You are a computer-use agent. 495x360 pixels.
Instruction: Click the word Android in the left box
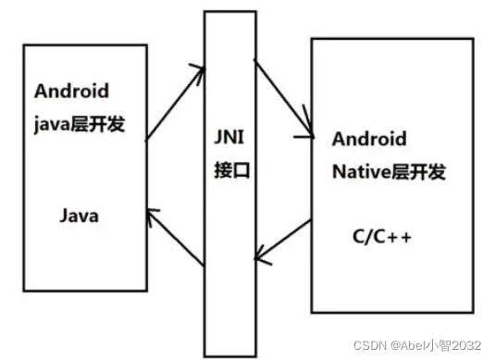71,91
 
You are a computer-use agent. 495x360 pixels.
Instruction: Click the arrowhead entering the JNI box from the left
197,68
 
